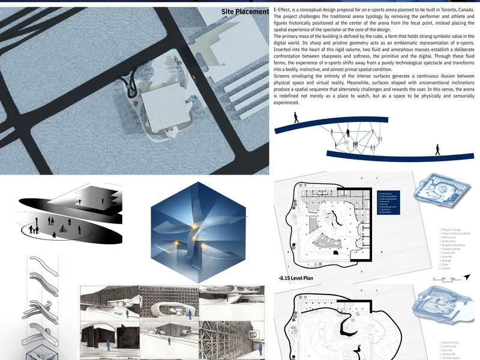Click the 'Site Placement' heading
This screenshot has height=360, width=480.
245,11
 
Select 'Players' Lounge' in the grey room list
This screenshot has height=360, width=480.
451,229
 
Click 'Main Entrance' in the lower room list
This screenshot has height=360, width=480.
451,343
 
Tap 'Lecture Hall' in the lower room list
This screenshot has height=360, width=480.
449,347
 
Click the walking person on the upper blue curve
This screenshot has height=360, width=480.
295,118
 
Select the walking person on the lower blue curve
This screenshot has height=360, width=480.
437,149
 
